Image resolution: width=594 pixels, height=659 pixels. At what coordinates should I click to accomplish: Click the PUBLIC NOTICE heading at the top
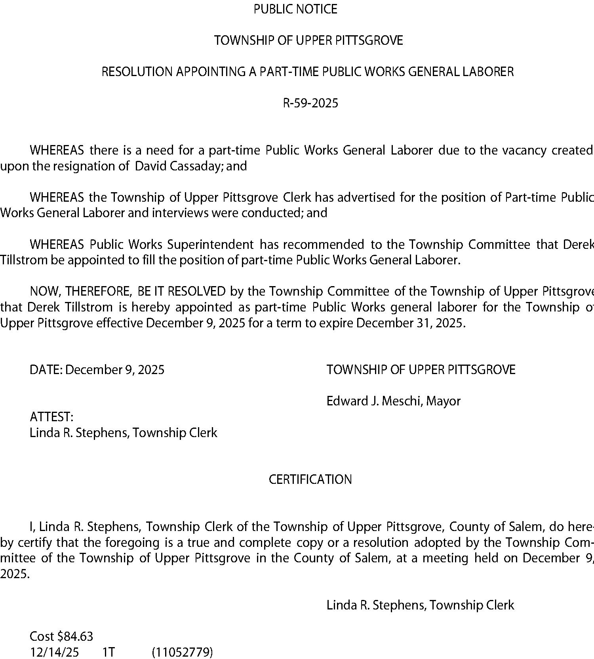point(295,9)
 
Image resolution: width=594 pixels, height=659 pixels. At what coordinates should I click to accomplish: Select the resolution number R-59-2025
point(310,103)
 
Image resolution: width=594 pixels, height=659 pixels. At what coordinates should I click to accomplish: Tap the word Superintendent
point(210,244)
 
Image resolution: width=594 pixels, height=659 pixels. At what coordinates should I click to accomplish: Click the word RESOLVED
point(196,292)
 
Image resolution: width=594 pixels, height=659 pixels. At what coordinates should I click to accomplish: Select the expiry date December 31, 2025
point(409,323)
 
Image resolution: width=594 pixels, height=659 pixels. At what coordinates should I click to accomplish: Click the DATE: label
point(46,370)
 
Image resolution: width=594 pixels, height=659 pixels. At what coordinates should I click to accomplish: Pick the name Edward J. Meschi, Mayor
point(393,401)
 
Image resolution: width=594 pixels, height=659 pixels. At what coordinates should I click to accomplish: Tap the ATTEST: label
point(51,417)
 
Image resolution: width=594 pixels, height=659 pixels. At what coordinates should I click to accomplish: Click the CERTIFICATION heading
point(310,480)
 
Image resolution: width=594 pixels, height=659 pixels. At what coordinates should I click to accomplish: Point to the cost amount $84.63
point(75,636)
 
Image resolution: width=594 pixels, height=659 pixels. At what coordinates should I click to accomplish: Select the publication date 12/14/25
point(54,652)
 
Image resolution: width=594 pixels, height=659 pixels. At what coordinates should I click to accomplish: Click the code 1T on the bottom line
point(109,652)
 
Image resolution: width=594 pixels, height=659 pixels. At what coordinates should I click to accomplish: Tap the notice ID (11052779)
point(182,652)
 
